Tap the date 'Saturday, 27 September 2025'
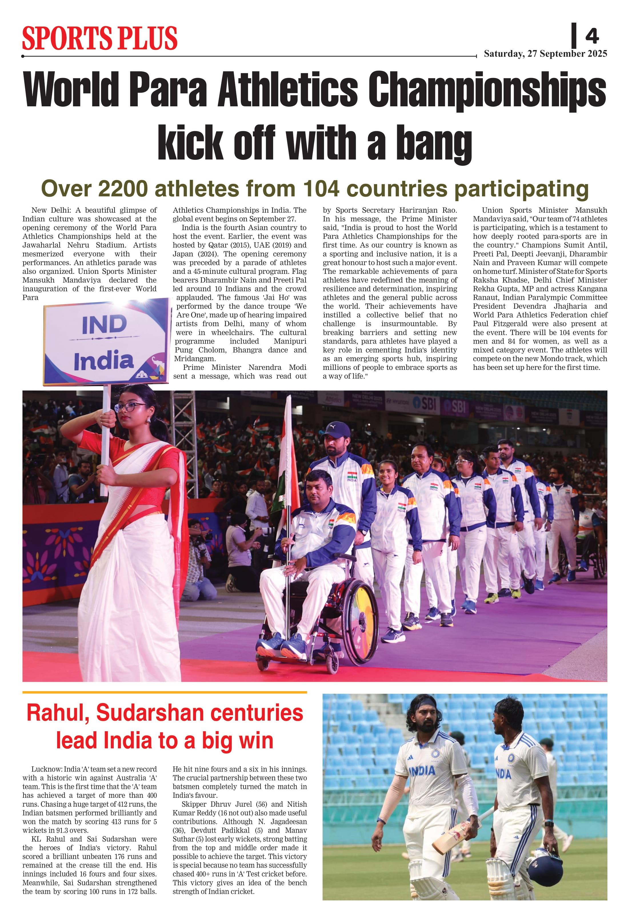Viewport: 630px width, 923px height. click(x=545, y=54)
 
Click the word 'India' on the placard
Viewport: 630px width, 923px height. click(x=104, y=360)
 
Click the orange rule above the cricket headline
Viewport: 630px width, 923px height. click(x=164, y=692)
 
